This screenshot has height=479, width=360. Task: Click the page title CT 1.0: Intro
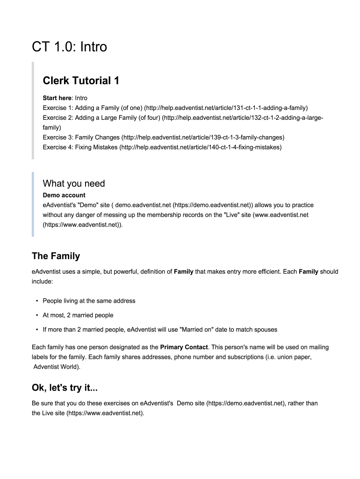[69, 47]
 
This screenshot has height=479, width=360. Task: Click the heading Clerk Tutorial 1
[81, 81]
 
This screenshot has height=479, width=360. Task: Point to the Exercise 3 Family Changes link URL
[203, 138]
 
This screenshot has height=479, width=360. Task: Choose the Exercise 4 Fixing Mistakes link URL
[201, 147]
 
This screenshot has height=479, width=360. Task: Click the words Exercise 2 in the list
[57, 118]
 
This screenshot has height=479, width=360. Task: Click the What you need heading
[74, 183]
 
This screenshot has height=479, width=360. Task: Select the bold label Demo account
[64, 195]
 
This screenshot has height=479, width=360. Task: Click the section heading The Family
[56, 256]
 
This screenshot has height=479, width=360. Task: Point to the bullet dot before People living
[37, 301]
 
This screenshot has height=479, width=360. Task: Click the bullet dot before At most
[37, 315]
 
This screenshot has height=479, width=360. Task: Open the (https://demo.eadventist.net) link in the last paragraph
[245, 403]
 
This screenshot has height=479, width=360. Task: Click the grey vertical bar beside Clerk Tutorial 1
[33, 110]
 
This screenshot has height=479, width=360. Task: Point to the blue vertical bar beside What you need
[33, 204]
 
